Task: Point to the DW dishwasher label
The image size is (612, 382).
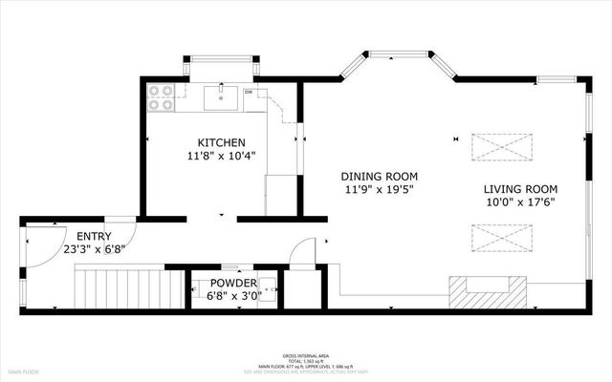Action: tap(249, 93)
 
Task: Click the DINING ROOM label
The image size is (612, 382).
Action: tap(381, 177)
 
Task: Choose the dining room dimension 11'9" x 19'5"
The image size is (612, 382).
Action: tap(381, 190)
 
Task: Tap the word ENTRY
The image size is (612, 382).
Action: tap(94, 237)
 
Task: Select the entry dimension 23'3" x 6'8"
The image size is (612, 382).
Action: tap(94, 250)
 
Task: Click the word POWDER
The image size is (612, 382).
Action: tap(233, 284)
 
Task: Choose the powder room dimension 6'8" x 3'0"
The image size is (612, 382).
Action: tap(233, 296)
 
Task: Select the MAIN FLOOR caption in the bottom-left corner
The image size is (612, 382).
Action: tap(24, 371)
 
